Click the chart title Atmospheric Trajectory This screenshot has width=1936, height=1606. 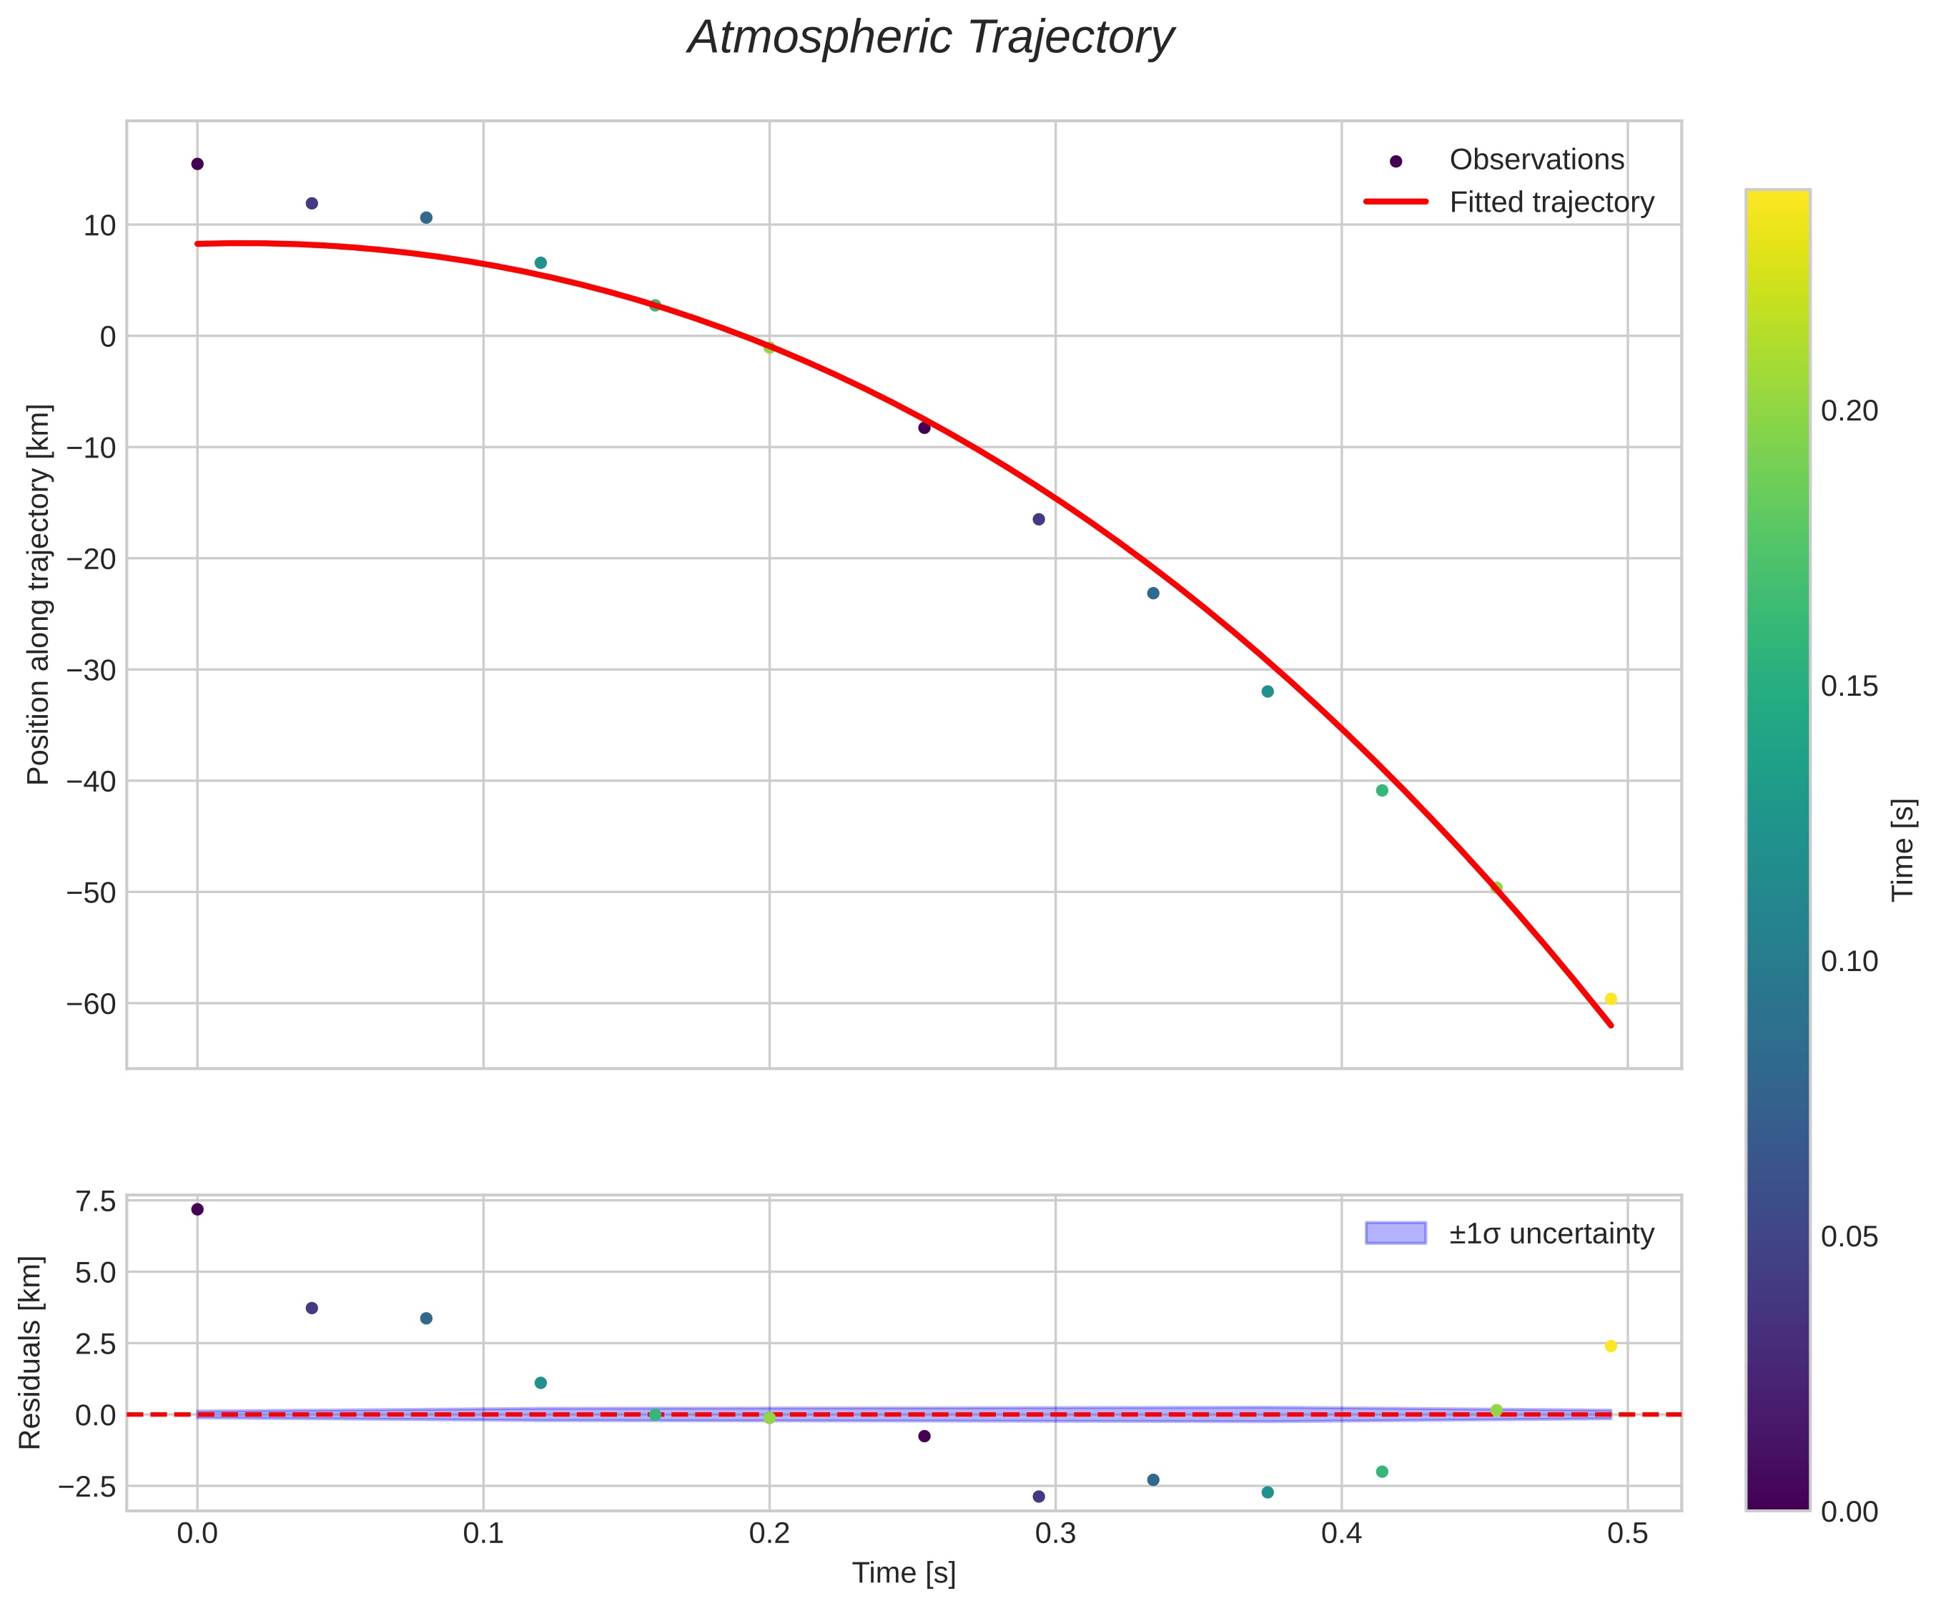930,39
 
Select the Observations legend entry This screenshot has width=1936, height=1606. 1536,159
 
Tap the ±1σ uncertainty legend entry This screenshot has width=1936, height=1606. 1551,1233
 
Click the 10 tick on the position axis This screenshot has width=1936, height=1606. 99,225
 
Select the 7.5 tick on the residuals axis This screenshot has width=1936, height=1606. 96,1201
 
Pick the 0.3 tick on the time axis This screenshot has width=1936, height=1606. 1056,1532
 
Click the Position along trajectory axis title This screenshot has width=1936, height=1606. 39,595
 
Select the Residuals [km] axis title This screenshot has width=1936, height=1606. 31,1351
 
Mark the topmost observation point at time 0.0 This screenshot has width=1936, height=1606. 197,164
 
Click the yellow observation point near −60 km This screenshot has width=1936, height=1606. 1611,998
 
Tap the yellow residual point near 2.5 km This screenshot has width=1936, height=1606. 1611,1346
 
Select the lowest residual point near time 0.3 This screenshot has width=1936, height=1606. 1039,1497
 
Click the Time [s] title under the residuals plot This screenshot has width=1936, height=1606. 904,1573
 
